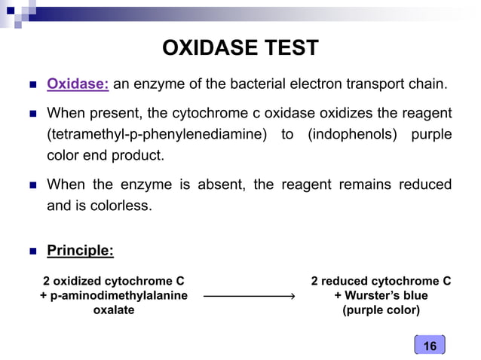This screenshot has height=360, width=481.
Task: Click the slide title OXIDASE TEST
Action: click(x=240, y=50)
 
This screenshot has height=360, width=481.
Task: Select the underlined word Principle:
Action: click(x=80, y=251)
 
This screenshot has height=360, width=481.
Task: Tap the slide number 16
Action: click(x=430, y=346)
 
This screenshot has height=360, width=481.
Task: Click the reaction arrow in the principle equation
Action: click(x=248, y=297)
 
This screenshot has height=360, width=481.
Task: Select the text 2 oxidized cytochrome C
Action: click(x=113, y=282)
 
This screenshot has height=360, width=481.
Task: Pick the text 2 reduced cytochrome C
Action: click(x=381, y=282)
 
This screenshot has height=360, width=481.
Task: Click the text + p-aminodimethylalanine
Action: click(x=113, y=296)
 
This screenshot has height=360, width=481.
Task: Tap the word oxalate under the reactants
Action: click(x=113, y=310)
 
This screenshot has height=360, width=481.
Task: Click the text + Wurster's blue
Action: click(x=381, y=296)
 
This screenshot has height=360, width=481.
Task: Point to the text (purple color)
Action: click(x=381, y=310)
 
